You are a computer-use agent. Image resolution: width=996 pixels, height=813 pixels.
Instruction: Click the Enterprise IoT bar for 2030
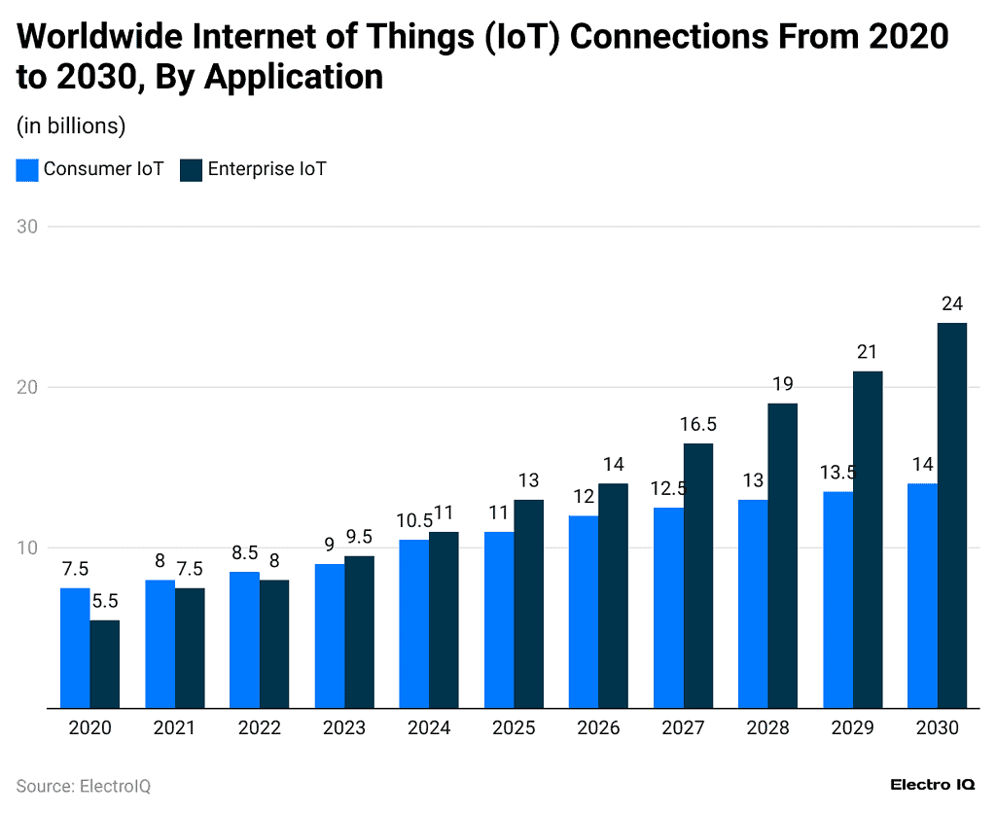[951, 515]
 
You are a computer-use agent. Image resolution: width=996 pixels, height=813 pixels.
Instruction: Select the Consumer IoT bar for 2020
[75, 648]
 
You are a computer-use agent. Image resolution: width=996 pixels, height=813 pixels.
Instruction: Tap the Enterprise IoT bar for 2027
[697, 576]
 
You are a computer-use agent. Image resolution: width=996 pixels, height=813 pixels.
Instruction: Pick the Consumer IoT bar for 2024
[413, 623]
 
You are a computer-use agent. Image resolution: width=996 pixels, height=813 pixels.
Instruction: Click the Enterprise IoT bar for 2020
[105, 664]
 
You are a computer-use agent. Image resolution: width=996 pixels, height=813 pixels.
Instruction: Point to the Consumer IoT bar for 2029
[837, 600]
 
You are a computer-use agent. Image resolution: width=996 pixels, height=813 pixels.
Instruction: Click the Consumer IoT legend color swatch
[27, 169]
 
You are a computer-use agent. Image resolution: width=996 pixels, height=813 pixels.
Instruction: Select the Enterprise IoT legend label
[267, 169]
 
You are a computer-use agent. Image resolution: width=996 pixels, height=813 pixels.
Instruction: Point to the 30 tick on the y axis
[27, 227]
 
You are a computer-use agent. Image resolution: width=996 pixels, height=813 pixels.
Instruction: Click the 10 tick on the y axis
[27, 548]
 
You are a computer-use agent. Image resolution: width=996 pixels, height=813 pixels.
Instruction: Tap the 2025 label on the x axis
[514, 728]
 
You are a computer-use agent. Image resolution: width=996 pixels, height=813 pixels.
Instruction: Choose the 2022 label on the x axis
[259, 728]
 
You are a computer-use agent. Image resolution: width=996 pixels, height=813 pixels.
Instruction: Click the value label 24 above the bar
[951, 303]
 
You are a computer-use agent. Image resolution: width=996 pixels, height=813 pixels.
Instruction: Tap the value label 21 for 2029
[868, 352]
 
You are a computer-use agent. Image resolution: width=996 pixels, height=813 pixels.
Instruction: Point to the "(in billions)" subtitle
[71, 126]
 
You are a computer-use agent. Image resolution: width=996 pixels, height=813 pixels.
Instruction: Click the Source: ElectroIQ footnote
[84, 786]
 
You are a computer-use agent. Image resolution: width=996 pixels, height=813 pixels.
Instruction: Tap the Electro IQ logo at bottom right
[933, 785]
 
